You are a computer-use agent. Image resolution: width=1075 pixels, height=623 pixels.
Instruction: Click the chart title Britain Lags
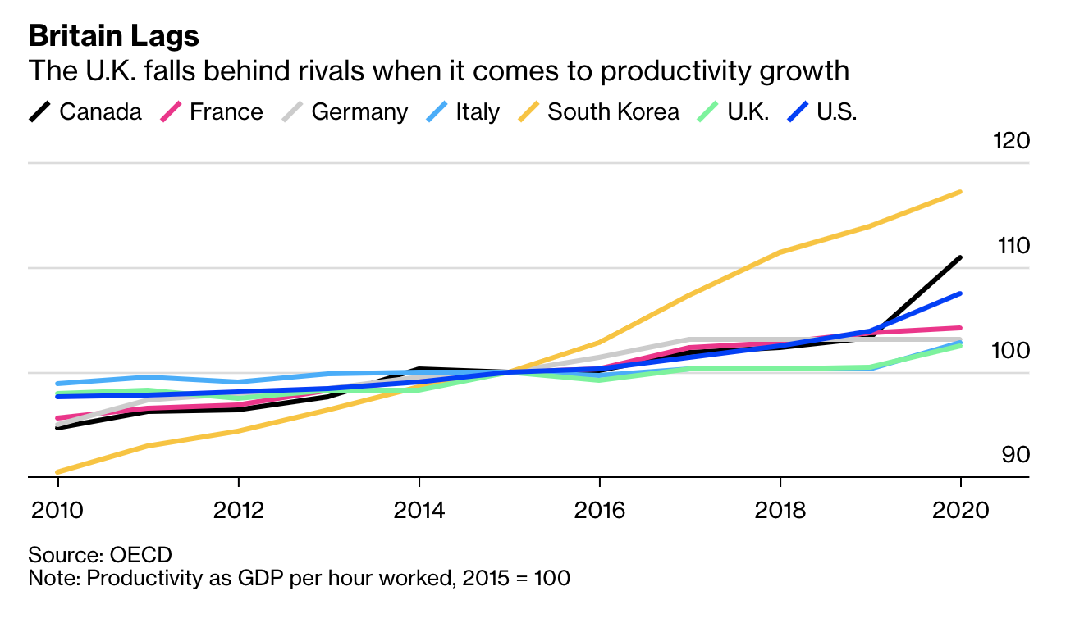pos(114,35)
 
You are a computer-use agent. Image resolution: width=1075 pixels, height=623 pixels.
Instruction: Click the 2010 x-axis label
pos(57,510)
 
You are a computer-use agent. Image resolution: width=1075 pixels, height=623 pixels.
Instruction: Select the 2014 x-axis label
pos(419,510)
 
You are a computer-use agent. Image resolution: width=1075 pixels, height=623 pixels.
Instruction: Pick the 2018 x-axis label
pos(780,510)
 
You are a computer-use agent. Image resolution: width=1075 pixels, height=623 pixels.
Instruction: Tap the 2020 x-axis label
pos(960,510)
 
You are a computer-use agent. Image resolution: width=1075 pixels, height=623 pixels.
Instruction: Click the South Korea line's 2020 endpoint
pos(960,192)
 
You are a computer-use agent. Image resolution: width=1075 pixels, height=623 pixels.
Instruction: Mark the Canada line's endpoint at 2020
pos(960,257)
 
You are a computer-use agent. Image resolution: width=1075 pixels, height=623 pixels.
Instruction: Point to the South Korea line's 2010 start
pos(57,472)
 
